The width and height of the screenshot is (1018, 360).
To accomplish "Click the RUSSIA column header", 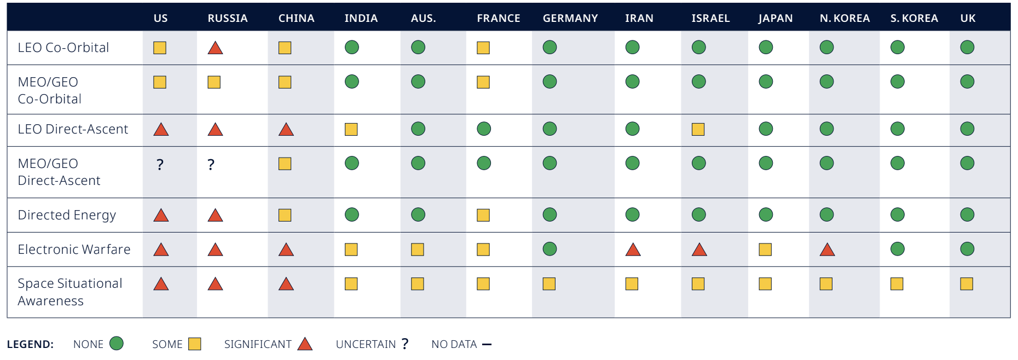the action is click(228, 18).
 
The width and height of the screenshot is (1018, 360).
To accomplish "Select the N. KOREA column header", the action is click(845, 18).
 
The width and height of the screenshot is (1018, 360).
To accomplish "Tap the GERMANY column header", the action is click(570, 18).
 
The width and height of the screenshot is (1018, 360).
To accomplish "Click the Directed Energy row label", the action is click(67, 215).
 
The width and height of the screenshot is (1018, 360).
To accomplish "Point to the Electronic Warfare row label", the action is click(74, 249).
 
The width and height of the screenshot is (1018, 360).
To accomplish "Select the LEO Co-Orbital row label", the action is click(63, 48).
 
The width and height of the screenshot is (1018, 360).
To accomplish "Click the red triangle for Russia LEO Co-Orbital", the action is click(216, 48).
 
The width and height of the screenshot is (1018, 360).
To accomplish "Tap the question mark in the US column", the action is click(160, 164).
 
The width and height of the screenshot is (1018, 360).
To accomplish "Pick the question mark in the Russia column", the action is click(211, 164).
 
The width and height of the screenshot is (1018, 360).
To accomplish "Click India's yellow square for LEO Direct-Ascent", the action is click(351, 129).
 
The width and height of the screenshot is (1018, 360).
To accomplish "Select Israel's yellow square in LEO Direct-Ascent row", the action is click(698, 129).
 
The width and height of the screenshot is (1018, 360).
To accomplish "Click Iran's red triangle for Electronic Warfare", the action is click(633, 249).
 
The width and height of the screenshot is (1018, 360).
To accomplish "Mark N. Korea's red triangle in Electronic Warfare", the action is click(827, 249).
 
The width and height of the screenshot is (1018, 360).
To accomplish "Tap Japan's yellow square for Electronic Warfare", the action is click(765, 249).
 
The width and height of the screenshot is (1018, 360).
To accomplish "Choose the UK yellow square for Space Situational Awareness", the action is click(967, 284).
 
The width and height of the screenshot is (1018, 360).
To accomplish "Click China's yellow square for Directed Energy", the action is click(285, 215).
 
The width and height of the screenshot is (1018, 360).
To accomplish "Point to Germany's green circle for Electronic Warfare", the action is click(550, 249).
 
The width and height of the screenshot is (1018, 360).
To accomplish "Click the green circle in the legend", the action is click(117, 343).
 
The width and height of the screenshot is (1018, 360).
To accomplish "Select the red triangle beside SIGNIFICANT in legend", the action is click(305, 344).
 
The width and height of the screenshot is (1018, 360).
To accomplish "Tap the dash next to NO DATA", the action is click(487, 344).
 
